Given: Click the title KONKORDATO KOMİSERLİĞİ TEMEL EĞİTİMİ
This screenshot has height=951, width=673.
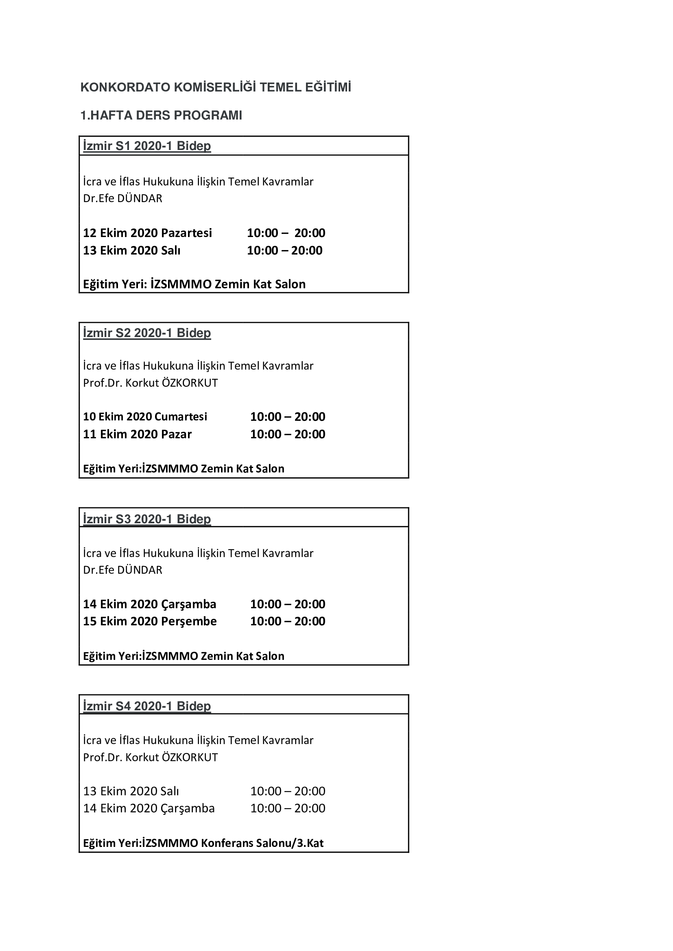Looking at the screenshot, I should click(x=216, y=87).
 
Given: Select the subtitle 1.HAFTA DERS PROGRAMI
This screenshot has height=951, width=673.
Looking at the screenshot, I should click(x=161, y=115).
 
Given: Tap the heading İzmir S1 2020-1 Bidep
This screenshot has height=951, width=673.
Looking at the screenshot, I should click(x=147, y=146).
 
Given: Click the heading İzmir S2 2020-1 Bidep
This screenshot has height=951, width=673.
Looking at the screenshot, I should click(x=147, y=333).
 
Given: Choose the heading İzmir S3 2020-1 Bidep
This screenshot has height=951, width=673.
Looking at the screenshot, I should click(x=147, y=518).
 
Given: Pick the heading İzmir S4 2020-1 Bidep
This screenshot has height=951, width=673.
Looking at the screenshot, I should click(x=147, y=706).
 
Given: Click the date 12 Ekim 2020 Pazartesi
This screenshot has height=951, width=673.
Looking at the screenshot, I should click(x=147, y=233).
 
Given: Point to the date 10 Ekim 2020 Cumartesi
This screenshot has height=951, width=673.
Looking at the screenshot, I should click(x=145, y=416).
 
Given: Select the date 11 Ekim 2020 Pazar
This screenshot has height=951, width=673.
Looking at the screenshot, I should click(x=137, y=434).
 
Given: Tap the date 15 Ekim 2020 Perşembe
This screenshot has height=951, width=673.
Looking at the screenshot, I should click(x=150, y=621).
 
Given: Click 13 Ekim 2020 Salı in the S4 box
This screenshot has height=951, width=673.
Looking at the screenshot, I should click(x=131, y=791).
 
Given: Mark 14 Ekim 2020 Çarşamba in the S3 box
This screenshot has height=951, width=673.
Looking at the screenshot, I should click(x=150, y=604).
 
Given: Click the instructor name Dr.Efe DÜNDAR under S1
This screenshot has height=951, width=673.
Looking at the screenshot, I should click(x=122, y=198).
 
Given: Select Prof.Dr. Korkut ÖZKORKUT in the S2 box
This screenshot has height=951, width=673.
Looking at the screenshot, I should click(x=151, y=383).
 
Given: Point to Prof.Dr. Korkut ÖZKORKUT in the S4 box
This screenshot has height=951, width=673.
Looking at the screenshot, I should click(x=151, y=757).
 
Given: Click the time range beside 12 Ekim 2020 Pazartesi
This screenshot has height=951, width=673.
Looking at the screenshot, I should click(x=286, y=233).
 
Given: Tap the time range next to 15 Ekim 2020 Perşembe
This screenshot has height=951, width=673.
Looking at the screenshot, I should click(x=288, y=621).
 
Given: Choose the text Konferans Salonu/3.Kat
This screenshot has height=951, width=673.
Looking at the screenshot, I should click(x=262, y=843).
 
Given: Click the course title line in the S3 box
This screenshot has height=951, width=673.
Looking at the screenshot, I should click(x=198, y=553).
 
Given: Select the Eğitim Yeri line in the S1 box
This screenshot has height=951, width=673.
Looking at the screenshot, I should click(x=194, y=284).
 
